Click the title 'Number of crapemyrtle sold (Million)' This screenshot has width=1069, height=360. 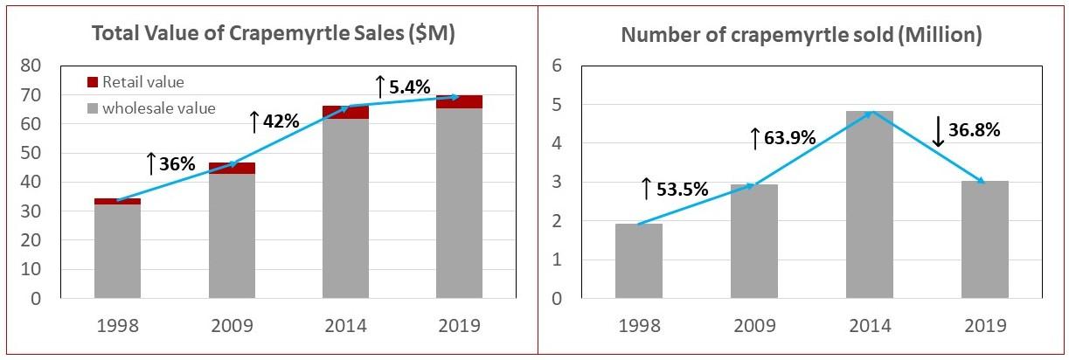(x=801, y=35)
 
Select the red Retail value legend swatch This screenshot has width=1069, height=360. (x=93, y=82)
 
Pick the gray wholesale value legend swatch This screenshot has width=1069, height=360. (x=93, y=108)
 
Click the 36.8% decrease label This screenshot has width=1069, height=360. (x=973, y=130)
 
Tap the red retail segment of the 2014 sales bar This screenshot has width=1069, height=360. (x=345, y=112)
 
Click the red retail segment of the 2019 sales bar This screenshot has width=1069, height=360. (x=459, y=101)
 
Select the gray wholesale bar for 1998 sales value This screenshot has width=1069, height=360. (x=117, y=251)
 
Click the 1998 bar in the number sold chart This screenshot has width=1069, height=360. (x=639, y=260)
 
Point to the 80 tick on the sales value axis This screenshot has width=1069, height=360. (x=55, y=66)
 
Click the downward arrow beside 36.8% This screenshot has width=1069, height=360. (x=939, y=131)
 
